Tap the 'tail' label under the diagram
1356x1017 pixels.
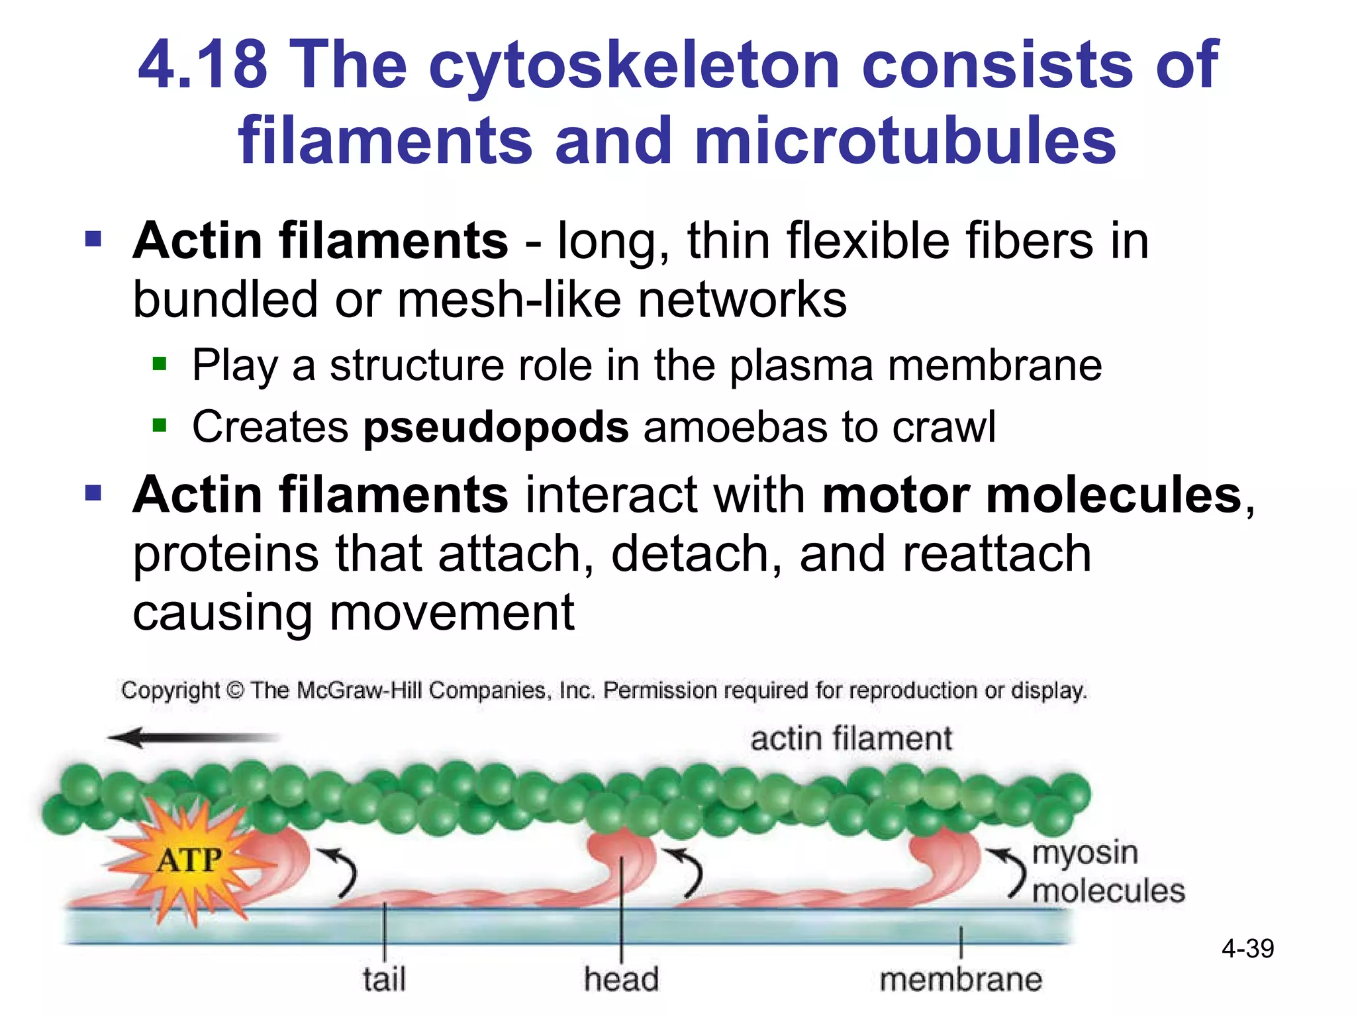(384, 979)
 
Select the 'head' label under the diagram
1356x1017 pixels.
(621, 979)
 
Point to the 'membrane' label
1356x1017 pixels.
(961, 979)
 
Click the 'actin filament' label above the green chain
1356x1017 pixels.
(851, 738)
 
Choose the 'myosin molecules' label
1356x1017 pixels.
(1108, 871)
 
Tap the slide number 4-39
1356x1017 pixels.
(1247, 949)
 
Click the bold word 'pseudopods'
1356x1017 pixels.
(496, 426)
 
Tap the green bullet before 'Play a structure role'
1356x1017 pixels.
(159, 363)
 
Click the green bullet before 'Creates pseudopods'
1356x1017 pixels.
(159, 424)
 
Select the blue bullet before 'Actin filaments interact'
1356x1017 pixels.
(93, 493)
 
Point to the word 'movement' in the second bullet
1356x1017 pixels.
(452, 612)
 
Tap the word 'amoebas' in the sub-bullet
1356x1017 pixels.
(734, 426)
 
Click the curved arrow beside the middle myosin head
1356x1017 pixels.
(687, 873)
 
